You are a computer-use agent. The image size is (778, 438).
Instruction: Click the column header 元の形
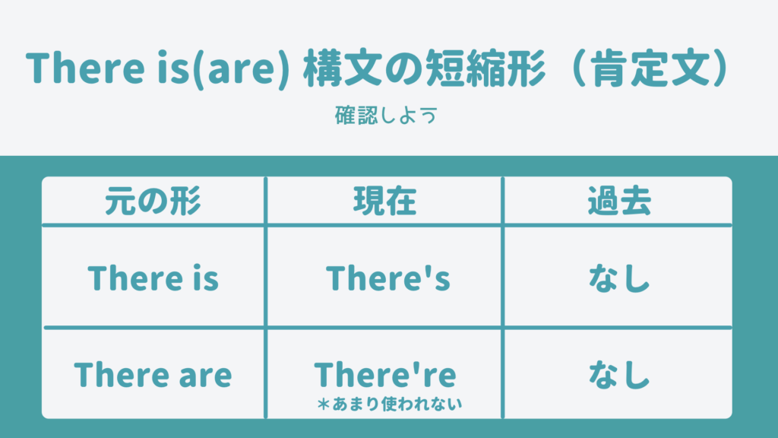(x=153, y=201)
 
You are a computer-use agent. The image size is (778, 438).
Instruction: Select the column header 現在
(x=384, y=201)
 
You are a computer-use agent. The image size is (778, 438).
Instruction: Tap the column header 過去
(x=619, y=201)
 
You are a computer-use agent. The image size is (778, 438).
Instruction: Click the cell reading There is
(x=153, y=278)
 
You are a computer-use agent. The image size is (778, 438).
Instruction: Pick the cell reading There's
(x=388, y=278)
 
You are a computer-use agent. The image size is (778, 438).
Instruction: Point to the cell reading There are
(x=153, y=374)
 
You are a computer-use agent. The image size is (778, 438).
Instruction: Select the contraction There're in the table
(x=385, y=374)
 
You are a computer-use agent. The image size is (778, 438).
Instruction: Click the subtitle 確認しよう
(x=386, y=116)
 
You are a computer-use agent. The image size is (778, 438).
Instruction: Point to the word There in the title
(x=85, y=68)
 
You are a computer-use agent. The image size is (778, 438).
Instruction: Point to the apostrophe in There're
(x=416, y=367)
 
